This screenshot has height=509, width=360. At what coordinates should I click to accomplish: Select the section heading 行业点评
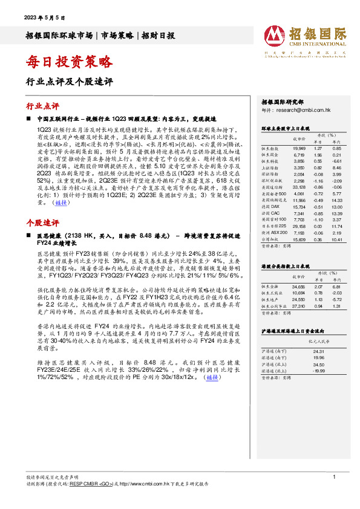click(x=42, y=105)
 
